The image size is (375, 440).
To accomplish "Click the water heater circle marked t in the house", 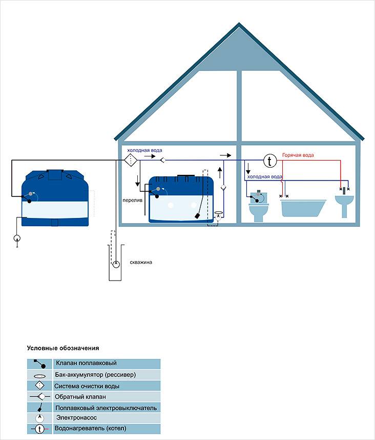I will (x=270, y=161).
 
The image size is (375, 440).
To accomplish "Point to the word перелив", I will (x=132, y=200).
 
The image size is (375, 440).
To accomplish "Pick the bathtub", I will (x=303, y=208).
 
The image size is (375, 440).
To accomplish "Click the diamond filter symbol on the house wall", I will (x=130, y=161).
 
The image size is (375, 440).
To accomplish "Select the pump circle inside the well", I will (x=116, y=265).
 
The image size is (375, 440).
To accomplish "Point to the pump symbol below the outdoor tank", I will (x=17, y=238).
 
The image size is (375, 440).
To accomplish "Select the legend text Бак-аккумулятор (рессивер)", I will (x=95, y=374).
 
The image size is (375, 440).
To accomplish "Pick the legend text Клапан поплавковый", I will (x=82, y=363).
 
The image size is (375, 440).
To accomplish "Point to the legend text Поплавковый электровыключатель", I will (x=105, y=408).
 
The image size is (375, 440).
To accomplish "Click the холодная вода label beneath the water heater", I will (x=264, y=176).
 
